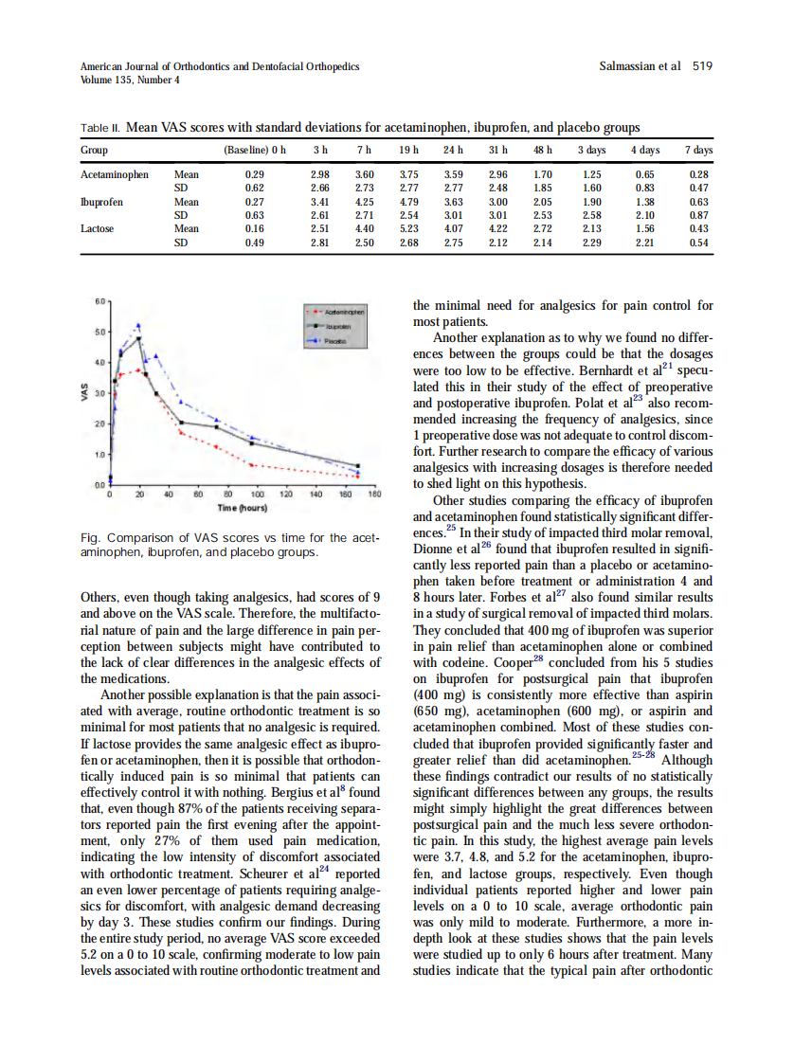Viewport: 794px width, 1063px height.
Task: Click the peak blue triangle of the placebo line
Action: [138, 325]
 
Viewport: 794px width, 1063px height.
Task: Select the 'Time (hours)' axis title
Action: [244, 508]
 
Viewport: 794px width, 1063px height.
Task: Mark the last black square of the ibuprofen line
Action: [358, 466]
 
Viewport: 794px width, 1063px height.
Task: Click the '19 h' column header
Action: [409, 151]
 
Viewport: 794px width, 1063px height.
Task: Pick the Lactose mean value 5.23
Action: [409, 228]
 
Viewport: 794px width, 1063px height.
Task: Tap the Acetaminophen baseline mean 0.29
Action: [254, 175]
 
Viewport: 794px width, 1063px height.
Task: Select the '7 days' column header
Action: [699, 151]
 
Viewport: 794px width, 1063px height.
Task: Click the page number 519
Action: [702, 66]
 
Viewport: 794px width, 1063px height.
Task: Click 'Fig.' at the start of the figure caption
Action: [91, 538]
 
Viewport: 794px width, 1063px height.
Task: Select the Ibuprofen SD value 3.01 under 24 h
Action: [454, 215]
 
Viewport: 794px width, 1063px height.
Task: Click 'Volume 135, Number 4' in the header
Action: [130, 80]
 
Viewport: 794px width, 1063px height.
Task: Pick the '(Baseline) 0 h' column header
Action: [254, 151]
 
